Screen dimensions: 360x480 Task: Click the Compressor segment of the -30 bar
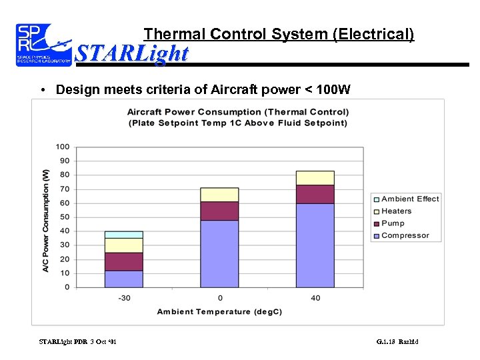(124, 279)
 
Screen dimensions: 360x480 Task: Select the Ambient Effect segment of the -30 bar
(124, 235)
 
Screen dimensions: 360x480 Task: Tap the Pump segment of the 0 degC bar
(219, 211)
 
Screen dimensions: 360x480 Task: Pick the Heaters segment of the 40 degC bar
(315, 178)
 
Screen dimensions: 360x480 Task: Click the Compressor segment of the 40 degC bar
(315, 245)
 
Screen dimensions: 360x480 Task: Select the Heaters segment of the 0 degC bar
(219, 195)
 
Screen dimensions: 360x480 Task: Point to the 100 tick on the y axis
(63, 147)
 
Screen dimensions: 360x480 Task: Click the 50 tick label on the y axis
(65, 217)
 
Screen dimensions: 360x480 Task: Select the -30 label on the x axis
(124, 297)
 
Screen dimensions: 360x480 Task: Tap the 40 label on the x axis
(315, 297)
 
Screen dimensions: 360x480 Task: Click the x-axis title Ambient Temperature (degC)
(220, 311)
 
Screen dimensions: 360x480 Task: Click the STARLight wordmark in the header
(132, 53)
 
